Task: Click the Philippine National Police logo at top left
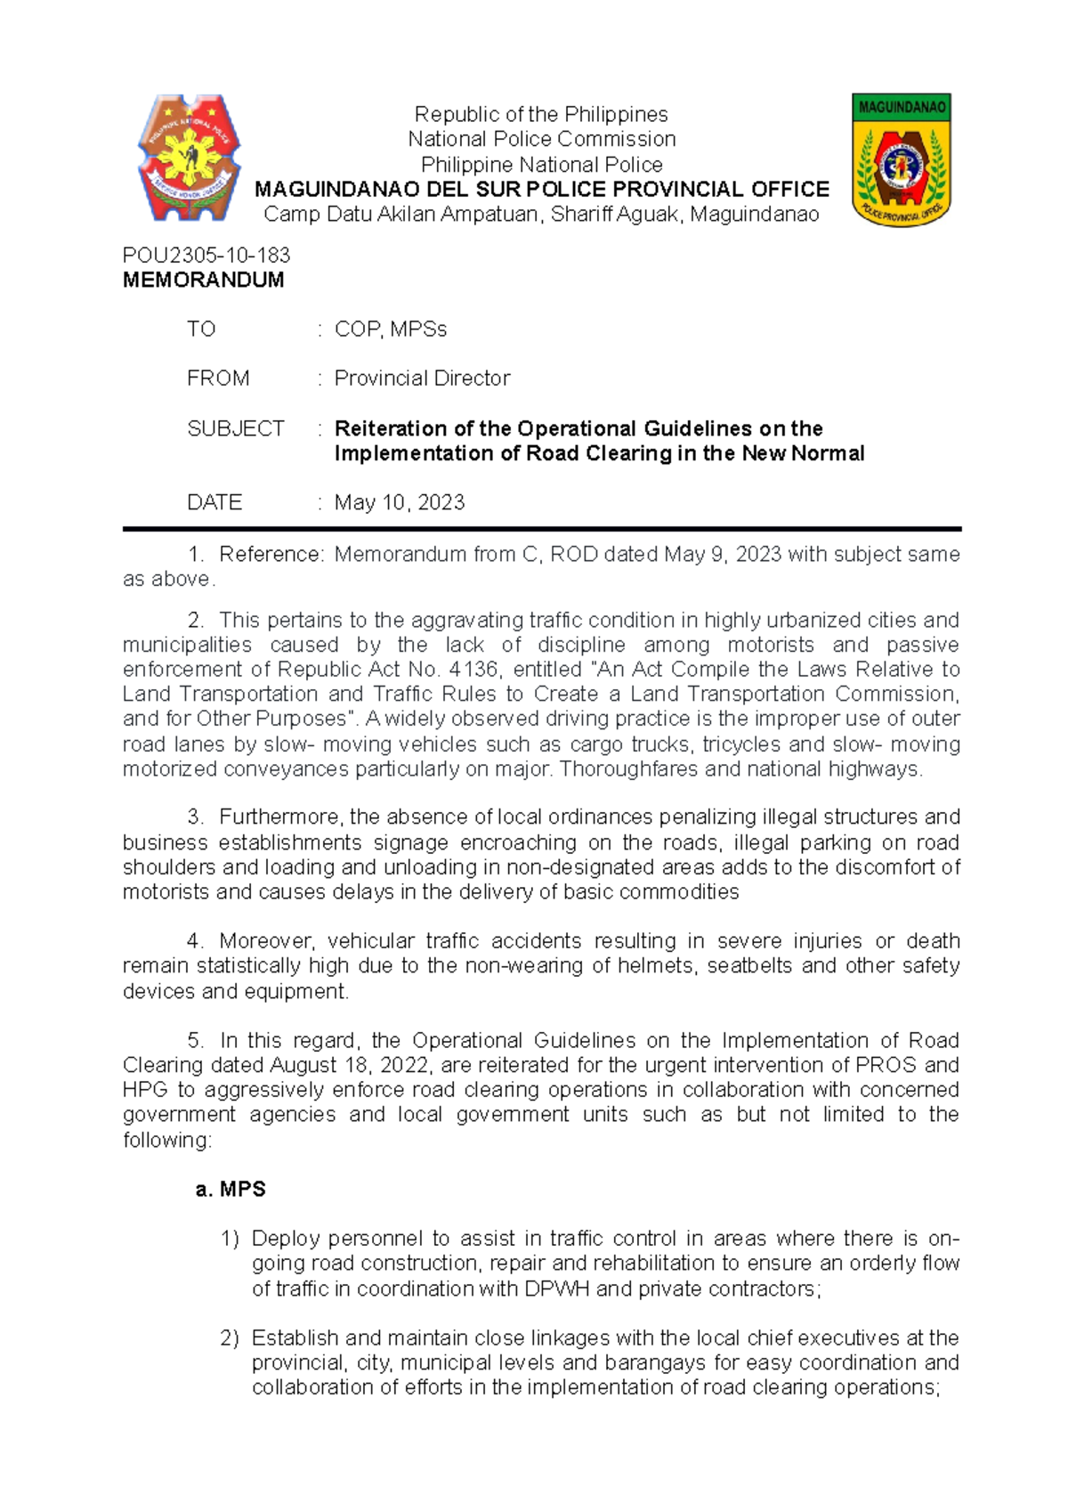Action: [189, 159]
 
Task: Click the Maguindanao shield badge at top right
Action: [901, 159]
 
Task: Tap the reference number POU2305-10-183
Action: [206, 255]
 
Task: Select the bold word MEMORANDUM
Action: [203, 280]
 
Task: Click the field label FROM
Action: [218, 378]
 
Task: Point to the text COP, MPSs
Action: [390, 329]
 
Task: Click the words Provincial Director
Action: [422, 378]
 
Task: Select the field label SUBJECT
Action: [235, 428]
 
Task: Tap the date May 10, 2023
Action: [399, 502]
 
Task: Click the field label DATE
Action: [214, 502]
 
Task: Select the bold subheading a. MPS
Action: [231, 1189]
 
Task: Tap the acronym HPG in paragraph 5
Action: [146, 1090]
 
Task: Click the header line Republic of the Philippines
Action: [541, 114]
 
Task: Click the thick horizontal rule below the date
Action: [541, 529]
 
